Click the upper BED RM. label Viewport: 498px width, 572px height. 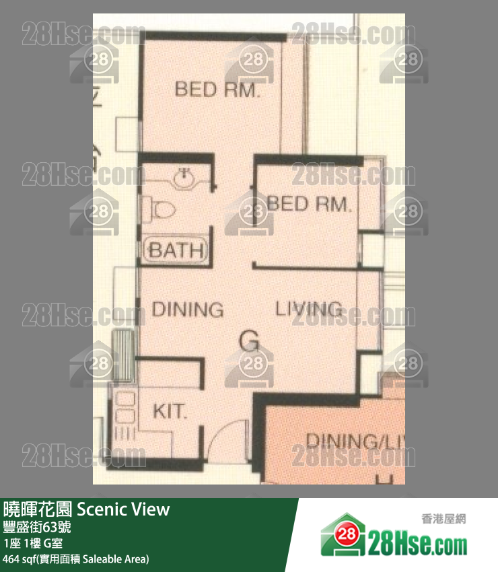(x=217, y=90)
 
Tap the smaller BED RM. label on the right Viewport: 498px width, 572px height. (x=309, y=203)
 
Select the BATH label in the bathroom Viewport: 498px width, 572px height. (x=176, y=251)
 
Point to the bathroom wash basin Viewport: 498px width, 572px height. (x=183, y=177)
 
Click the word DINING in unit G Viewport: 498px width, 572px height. (x=187, y=310)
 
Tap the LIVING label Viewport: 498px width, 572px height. (x=309, y=309)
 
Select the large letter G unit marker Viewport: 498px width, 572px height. (x=249, y=343)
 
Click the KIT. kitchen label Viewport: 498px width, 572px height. (x=170, y=411)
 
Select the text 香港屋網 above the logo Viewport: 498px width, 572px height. (x=443, y=519)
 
